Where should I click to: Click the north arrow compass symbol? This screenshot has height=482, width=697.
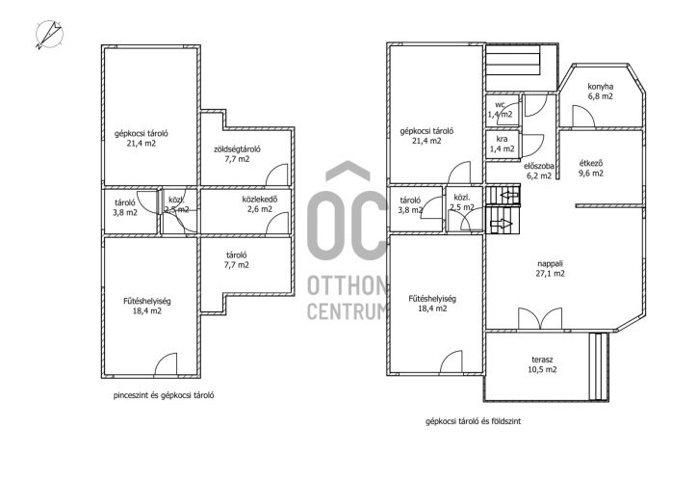(49, 35)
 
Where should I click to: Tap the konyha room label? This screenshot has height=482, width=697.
(600, 92)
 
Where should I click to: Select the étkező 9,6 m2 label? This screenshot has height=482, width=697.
(591, 169)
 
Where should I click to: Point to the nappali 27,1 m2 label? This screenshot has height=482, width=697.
(551, 268)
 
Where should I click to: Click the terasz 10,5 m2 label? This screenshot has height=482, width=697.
(542, 364)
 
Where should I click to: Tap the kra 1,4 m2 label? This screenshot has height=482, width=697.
(502, 144)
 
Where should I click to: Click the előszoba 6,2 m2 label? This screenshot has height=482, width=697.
(539, 171)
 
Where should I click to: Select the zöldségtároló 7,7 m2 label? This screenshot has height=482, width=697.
(237, 154)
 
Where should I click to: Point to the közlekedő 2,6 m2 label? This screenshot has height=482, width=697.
(260, 203)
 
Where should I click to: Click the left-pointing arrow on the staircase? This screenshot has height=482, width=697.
(510, 195)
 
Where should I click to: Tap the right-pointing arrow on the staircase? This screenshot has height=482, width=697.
(501, 225)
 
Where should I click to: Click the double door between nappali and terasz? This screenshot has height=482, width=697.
(540, 319)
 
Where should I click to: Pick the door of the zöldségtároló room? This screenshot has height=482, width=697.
(277, 174)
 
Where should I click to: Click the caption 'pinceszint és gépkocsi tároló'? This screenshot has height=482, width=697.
(164, 395)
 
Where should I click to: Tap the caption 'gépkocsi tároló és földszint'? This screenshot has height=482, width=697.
(473, 421)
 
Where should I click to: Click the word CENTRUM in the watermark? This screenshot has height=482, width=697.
(348, 311)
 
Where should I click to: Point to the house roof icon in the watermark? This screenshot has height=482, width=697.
(348, 172)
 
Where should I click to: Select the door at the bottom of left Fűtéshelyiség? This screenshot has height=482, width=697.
(166, 363)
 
